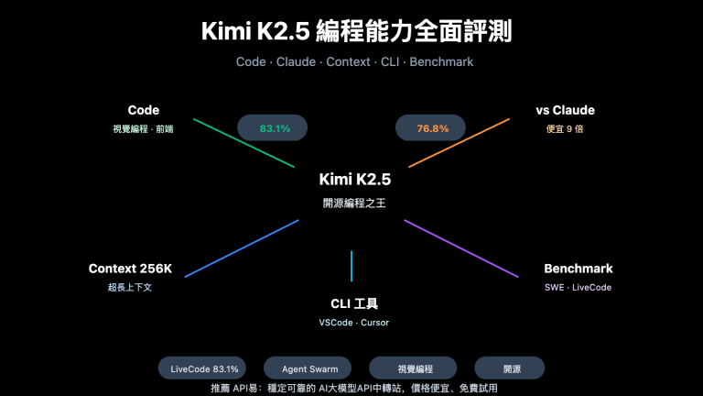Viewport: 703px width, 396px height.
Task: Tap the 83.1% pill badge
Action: pos(275,128)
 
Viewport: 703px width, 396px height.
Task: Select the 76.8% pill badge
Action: pos(433,128)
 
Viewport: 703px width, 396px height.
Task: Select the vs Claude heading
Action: pos(565,110)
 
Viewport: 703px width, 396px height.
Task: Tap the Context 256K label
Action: pos(130,269)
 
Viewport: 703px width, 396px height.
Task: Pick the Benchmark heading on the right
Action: pos(578,269)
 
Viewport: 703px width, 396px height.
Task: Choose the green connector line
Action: pos(243,142)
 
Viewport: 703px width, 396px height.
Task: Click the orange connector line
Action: pos(459,142)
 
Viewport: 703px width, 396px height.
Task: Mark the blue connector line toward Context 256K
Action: pos(242,247)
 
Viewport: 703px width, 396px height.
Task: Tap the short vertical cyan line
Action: pos(351,266)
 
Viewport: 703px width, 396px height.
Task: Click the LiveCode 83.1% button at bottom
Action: pos(204,368)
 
